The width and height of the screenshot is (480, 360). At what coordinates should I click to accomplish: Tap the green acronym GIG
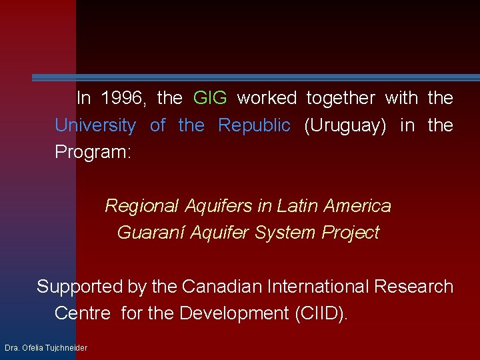tap(210, 99)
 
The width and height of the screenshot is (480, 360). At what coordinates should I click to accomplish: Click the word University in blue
tap(95, 125)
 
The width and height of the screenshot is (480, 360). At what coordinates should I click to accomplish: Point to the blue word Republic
tap(254, 125)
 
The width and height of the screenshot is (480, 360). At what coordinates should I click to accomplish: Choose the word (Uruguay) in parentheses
tap(345, 125)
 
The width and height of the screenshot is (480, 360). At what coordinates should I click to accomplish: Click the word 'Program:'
tap(93, 152)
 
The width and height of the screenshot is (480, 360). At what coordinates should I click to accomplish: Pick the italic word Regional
tap(141, 206)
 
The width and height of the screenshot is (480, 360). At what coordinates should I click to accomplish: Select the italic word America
tap(357, 206)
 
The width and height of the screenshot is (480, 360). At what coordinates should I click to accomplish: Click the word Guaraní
tap(151, 233)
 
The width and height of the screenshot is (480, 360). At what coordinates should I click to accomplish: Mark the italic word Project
tap(351, 233)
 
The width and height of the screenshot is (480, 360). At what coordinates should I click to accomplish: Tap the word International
tap(317, 287)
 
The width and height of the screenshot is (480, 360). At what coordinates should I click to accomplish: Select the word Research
tap(414, 287)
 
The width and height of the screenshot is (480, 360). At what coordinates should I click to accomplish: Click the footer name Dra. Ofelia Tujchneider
tap(46, 348)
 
